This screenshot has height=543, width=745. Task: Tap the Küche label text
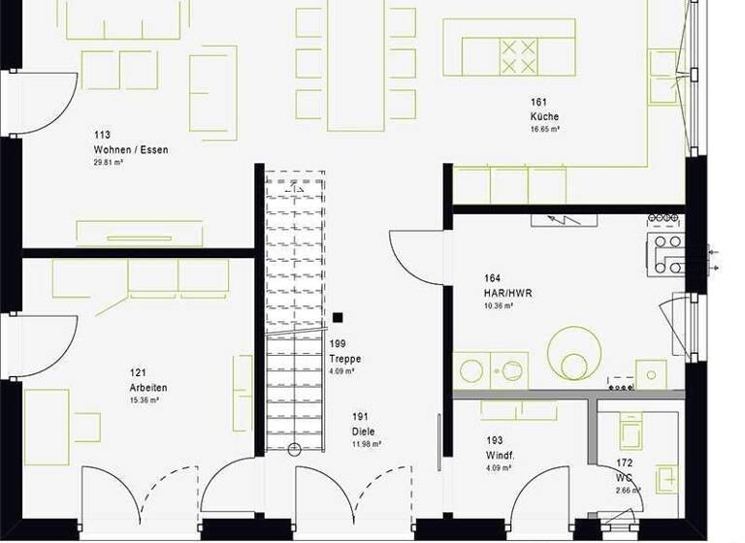tap(544, 116)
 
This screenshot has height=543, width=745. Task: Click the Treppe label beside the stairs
tap(344, 358)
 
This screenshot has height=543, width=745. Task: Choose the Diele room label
tap(364, 431)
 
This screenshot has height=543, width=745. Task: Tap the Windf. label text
tap(500, 455)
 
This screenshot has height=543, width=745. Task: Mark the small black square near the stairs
tap(338, 317)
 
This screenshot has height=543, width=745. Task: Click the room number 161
tap(538, 103)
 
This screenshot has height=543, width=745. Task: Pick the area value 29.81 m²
tap(109, 163)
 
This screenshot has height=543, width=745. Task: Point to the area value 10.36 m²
tap(498, 305)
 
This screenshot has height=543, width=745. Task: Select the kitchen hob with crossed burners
tap(517, 55)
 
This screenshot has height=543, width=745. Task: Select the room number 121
tap(138, 372)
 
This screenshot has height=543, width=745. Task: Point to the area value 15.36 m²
tap(144, 399)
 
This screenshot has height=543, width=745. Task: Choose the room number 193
tap(494, 440)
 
